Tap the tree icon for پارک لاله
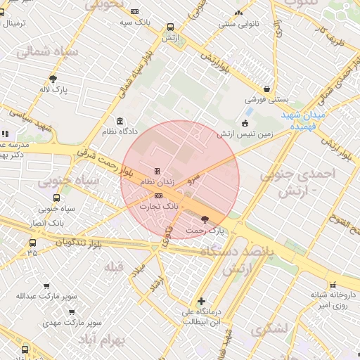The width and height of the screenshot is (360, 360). coord(53,79)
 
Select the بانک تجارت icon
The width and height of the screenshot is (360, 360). coord(157,195)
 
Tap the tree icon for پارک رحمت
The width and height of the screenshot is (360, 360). coord(205,219)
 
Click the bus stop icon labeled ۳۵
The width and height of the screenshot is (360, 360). coord(32,243)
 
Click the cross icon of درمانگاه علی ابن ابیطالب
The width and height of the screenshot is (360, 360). coord(202,301)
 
